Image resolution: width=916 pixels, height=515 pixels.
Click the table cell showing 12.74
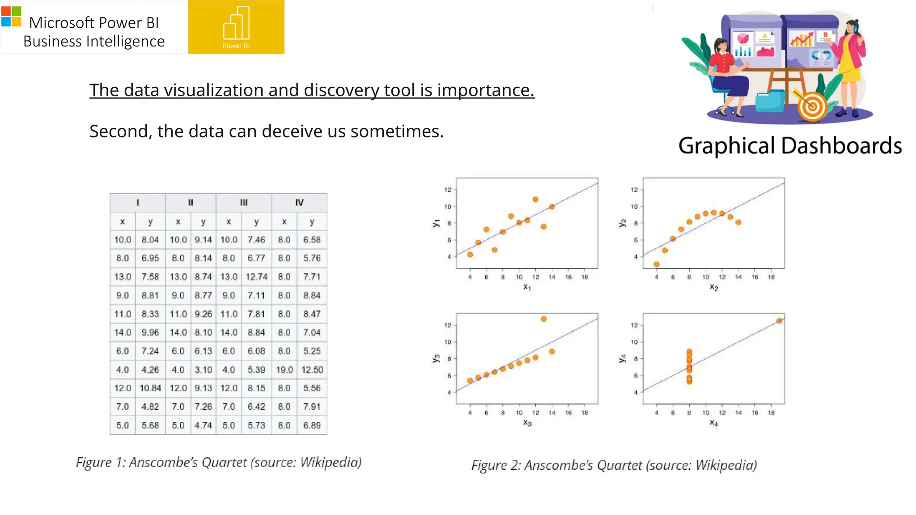[x=256, y=277]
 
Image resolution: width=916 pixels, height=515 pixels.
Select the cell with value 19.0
[x=284, y=370]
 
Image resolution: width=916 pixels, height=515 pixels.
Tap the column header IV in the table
[x=299, y=203]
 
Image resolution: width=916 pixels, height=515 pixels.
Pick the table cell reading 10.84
[x=150, y=388]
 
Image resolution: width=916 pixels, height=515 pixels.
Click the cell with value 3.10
[x=203, y=370]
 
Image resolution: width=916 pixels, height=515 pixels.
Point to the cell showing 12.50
[x=312, y=370]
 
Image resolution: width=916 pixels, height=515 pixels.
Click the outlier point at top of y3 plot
[x=543, y=319]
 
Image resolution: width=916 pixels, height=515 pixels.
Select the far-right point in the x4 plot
[x=779, y=321]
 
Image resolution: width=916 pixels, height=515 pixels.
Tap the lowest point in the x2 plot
[x=657, y=264]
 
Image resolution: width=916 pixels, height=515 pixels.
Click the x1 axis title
[x=527, y=287]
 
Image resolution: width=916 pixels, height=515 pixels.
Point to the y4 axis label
[x=622, y=359]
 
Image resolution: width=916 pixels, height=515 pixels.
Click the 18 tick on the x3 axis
[x=585, y=413]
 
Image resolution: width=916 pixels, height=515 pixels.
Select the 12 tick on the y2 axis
[x=634, y=190]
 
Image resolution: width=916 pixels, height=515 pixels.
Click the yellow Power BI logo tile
[x=236, y=27]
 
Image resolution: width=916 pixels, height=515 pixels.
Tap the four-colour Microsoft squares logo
[x=11, y=17]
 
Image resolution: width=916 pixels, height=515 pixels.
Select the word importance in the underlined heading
[x=485, y=90]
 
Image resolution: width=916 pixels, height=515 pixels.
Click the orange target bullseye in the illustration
[x=812, y=107]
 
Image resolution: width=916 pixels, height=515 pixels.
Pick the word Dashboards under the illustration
[x=841, y=146]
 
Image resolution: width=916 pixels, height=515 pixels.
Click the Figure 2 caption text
[x=614, y=465]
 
